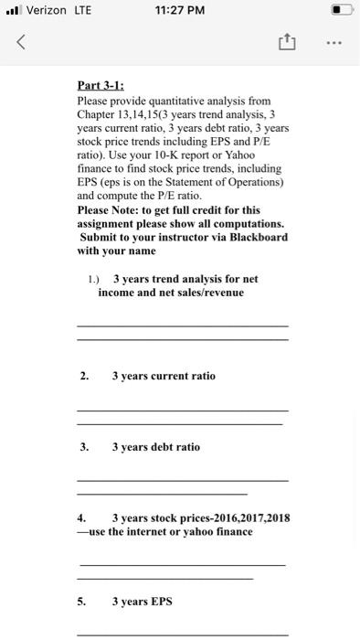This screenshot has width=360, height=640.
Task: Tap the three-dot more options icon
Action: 334,41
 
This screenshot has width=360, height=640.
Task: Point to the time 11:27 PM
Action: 179,10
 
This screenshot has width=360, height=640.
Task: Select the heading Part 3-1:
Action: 101,86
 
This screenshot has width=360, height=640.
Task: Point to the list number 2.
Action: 84,376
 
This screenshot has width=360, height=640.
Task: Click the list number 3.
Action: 84,447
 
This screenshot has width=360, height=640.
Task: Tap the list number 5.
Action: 81,602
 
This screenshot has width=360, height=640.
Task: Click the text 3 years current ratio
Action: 164,376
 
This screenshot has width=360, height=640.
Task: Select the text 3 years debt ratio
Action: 155,447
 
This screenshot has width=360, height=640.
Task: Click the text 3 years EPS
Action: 142,602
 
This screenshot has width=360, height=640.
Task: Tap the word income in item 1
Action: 117,293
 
